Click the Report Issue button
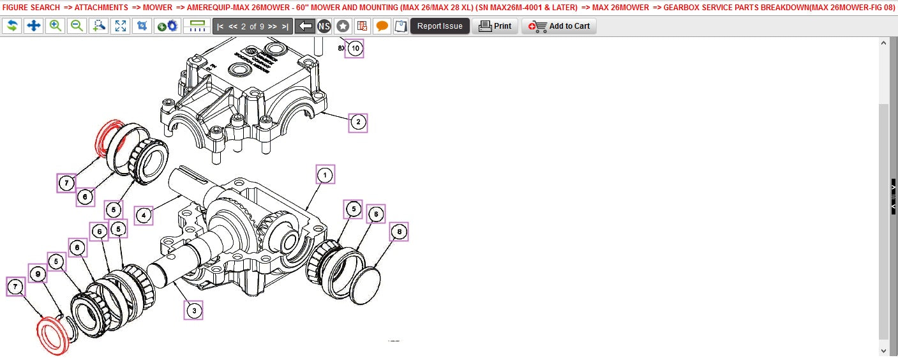coord(440,26)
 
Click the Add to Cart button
coord(559,26)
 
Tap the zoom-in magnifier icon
coord(56,26)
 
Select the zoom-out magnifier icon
coord(77,26)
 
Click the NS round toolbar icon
coord(324,26)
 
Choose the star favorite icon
coord(343,26)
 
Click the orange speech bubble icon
coord(382,26)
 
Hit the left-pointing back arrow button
coord(306,26)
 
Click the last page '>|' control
coord(285,26)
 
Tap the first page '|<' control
coord(220,26)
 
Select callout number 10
coord(355,48)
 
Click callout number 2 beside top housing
coord(358,122)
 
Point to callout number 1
coord(325,174)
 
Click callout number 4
coord(144,216)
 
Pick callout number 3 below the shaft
coord(193,310)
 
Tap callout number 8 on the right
coord(399,232)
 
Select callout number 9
coord(38,274)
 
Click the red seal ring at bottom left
coord(52,336)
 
